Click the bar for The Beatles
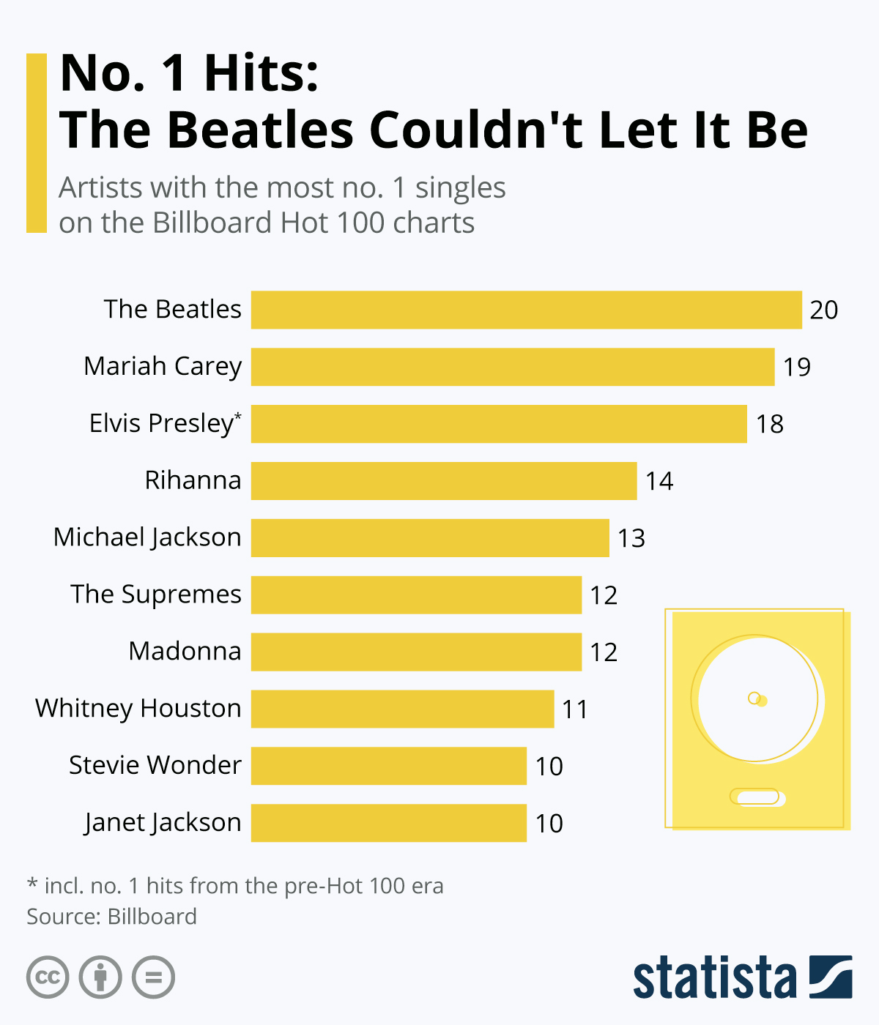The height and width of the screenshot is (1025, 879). [x=526, y=310]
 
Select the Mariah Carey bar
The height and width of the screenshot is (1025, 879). [x=513, y=367]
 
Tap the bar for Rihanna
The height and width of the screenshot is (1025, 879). [x=444, y=481]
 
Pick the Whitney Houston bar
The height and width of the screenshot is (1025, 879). [x=402, y=709]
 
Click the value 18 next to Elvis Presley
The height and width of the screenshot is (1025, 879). [x=770, y=424]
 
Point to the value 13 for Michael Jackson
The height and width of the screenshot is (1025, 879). [x=631, y=538]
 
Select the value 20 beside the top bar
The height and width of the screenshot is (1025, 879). [x=823, y=310]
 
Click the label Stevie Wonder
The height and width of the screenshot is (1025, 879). [x=155, y=765]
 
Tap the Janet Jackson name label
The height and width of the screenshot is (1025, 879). [x=163, y=822]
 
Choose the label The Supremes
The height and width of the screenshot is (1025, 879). [x=156, y=594]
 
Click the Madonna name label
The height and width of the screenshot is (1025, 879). [x=185, y=651]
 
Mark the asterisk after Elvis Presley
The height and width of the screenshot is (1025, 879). [x=237, y=417]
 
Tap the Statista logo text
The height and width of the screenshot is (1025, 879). [x=714, y=977]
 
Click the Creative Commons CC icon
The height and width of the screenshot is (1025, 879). [x=48, y=977]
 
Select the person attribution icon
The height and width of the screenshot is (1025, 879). [x=100, y=977]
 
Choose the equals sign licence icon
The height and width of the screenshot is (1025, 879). [x=153, y=977]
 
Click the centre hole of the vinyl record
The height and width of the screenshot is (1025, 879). [x=754, y=698]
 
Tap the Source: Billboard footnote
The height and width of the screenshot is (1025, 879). [x=112, y=917]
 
